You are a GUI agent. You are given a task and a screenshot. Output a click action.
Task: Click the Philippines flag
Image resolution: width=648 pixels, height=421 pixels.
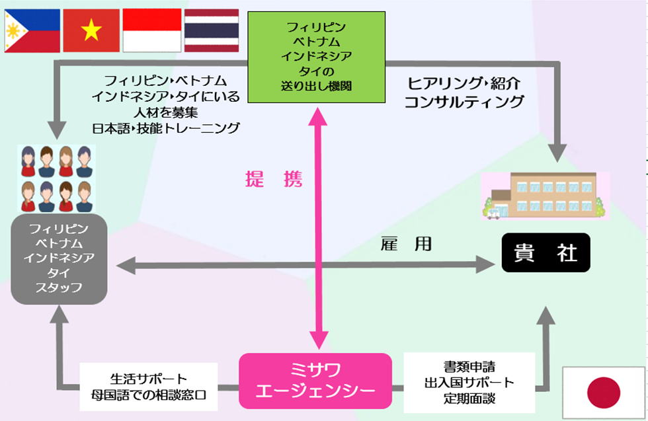tap(30, 31)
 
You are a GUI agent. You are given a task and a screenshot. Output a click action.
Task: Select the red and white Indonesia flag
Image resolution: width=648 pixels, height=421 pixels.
tap(151, 31)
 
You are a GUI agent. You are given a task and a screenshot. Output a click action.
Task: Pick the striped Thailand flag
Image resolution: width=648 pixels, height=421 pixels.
tap(211, 31)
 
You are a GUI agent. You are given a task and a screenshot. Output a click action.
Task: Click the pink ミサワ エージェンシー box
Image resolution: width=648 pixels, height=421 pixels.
tap(315, 380)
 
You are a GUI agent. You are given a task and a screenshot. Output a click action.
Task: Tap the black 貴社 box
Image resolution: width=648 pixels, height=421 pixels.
tap(545, 254)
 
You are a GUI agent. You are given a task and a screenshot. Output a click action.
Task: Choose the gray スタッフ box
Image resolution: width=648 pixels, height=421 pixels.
tap(59, 258)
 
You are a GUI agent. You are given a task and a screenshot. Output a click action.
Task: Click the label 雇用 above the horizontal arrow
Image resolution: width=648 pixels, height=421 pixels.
tap(406, 244)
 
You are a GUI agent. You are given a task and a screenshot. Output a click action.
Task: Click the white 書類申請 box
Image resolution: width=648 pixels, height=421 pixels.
tap(469, 382)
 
